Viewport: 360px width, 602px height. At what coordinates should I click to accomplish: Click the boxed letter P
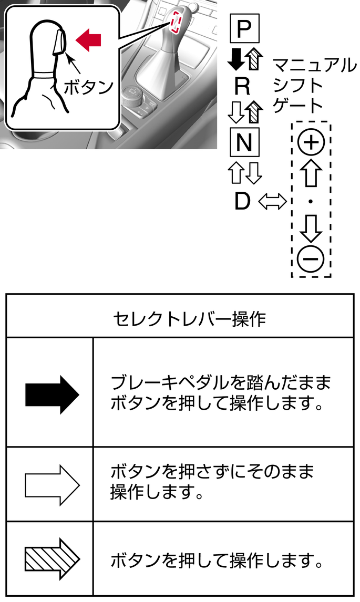click(x=244, y=29)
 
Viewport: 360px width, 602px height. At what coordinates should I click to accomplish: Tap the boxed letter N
click(x=244, y=142)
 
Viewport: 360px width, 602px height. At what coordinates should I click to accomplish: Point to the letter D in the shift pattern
click(x=242, y=201)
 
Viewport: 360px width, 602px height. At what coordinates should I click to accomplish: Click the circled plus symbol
click(x=311, y=142)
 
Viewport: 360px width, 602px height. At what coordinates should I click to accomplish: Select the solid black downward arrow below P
click(x=236, y=58)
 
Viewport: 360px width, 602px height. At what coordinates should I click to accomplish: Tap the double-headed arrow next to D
click(x=272, y=201)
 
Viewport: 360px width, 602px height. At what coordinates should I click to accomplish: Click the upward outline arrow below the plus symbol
click(x=311, y=173)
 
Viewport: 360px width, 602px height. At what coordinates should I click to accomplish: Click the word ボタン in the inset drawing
click(x=88, y=87)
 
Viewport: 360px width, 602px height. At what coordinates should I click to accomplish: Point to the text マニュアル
click(x=314, y=66)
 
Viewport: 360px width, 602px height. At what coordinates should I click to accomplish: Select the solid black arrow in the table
click(x=52, y=395)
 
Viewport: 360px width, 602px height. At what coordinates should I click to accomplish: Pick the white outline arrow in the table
click(x=52, y=485)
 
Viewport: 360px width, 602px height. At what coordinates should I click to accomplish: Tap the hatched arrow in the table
click(x=52, y=559)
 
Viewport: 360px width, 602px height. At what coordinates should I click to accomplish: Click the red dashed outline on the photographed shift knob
click(x=176, y=22)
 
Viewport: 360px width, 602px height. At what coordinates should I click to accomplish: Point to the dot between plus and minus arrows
click(x=311, y=202)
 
